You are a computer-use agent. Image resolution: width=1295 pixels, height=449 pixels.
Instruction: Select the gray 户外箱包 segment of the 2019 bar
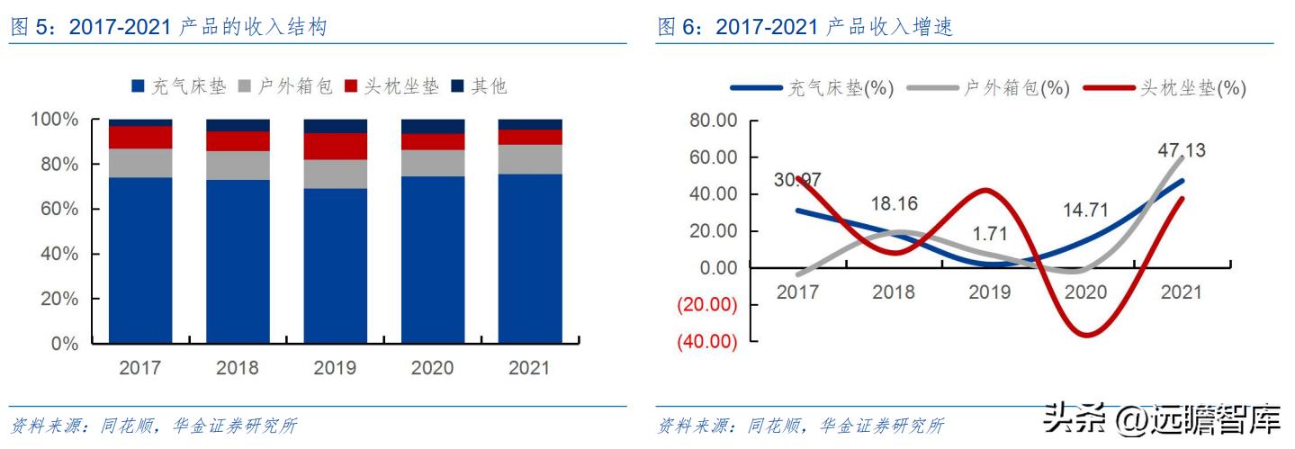pyautogui.click(x=336, y=174)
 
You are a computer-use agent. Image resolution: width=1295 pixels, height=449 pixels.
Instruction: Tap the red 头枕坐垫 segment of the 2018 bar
pyautogui.click(x=238, y=141)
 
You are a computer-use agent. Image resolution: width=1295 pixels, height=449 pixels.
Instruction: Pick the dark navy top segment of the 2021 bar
pyautogui.click(x=530, y=124)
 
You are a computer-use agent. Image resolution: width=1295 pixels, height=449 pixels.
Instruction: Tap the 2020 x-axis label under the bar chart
pyautogui.click(x=432, y=367)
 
